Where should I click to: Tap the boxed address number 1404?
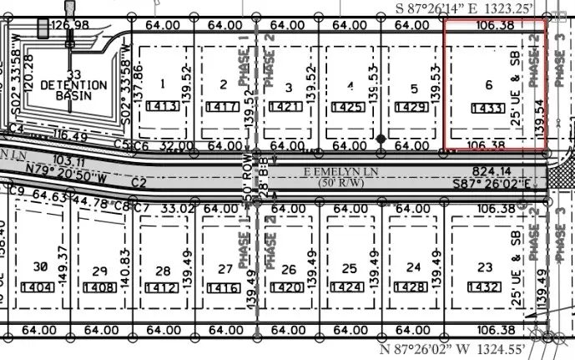tap(38, 287)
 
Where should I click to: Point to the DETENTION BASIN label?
tap(75, 90)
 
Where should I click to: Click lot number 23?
tap(485, 268)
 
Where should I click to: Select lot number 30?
tap(38, 267)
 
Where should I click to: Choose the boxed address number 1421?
tap(288, 108)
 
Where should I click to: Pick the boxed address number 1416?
tap(224, 288)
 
